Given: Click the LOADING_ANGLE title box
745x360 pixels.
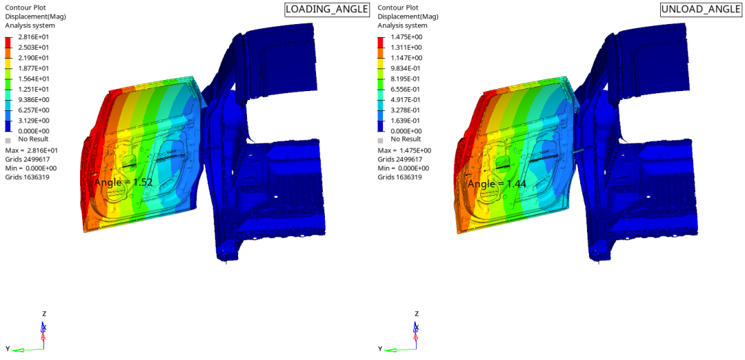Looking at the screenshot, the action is point(328,10).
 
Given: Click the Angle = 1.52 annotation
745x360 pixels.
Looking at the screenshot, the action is point(123,183).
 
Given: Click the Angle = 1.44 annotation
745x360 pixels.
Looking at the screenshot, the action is point(497,183).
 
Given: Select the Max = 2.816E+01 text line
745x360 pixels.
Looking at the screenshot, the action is point(32,150).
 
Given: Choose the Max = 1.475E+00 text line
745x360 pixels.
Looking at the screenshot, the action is point(405,150).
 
